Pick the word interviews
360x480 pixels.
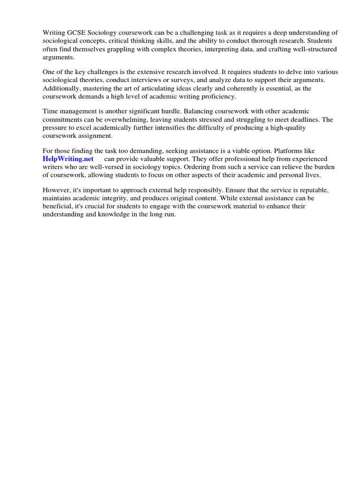142,80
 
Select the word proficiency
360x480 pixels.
217,96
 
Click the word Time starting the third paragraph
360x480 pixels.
50,111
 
